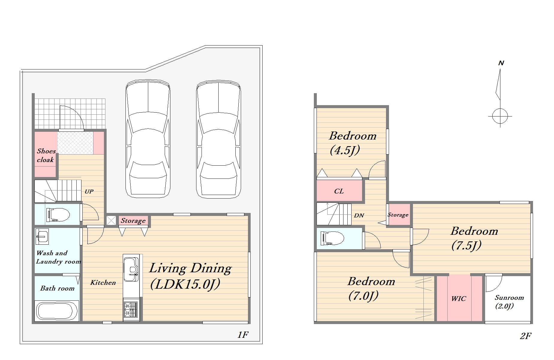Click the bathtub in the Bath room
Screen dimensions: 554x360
[x=57, y=311]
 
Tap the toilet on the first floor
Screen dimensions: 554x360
[x=58, y=214]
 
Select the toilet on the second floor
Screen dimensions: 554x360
[x=332, y=238]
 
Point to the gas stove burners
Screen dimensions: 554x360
[x=131, y=309]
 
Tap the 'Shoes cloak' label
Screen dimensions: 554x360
[x=46, y=155]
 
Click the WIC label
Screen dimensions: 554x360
[x=458, y=299]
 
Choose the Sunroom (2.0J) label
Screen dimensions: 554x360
[x=509, y=302]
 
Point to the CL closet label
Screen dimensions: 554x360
[x=339, y=191]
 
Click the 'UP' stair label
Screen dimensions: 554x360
[x=89, y=191]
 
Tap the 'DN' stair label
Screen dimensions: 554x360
[x=359, y=215]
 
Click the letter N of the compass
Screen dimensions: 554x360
[x=501, y=63]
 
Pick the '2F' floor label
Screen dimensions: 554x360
[x=526, y=336]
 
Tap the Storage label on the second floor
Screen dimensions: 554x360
[x=398, y=215]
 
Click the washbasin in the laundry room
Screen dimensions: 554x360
[x=42, y=237]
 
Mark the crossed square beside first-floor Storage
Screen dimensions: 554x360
[x=111, y=221]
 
